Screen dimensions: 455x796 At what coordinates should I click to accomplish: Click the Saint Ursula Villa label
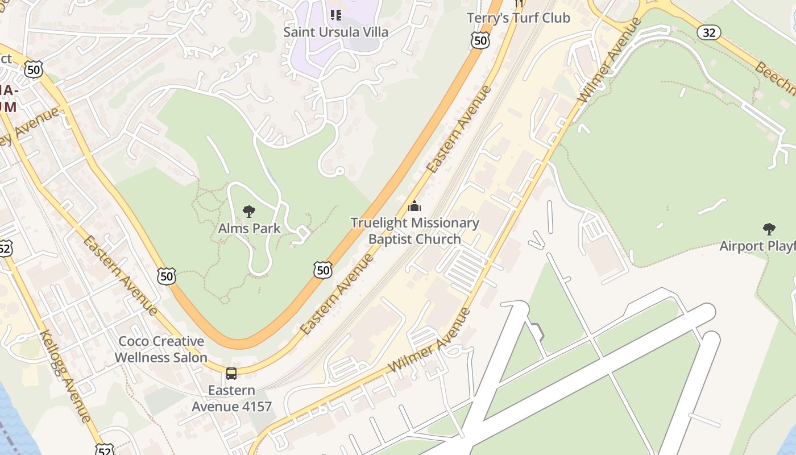click(x=335, y=32)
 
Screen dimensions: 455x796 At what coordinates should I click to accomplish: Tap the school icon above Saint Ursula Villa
click(x=335, y=15)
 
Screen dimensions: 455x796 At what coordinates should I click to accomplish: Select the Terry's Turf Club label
click(x=518, y=18)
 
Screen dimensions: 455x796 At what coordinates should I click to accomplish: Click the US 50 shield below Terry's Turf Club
click(x=480, y=40)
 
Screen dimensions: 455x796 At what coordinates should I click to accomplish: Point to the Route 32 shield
click(x=709, y=32)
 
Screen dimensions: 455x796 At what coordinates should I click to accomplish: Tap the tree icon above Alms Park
click(x=249, y=212)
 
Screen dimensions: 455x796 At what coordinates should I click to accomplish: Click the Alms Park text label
click(x=249, y=229)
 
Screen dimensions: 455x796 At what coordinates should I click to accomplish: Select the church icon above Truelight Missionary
click(x=414, y=206)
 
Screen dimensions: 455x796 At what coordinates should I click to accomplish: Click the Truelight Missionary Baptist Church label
click(x=414, y=231)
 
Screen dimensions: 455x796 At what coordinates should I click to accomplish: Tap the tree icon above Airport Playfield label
click(x=769, y=229)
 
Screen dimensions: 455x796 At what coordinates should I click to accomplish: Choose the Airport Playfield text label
click(x=757, y=246)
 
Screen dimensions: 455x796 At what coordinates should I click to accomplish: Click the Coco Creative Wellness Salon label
click(x=161, y=349)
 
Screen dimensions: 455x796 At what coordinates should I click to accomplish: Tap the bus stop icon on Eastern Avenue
click(x=231, y=374)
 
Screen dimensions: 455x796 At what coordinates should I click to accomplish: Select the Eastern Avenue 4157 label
click(x=231, y=399)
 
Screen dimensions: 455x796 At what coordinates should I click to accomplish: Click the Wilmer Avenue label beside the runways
click(x=430, y=340)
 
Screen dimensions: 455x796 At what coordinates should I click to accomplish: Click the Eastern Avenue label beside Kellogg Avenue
click(x=120, y=275)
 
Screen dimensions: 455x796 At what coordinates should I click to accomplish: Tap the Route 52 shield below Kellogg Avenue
click(x=105, y=449)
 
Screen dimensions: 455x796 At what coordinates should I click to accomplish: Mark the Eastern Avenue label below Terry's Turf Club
click(x=458, y=130)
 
